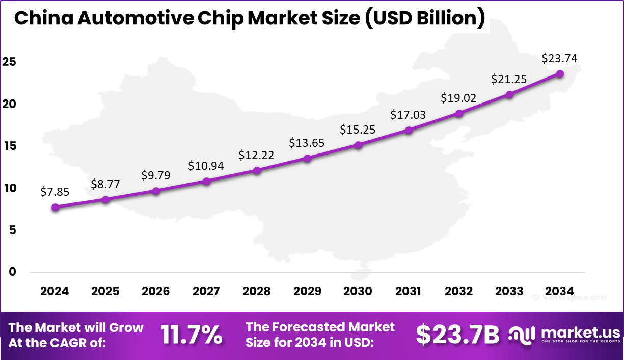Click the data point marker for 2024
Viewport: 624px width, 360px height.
[x=55, y=207]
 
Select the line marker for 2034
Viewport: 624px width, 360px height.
[x=560, y=73]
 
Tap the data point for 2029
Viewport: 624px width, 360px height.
[x=307, y=158]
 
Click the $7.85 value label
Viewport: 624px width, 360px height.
[x=55, y=192]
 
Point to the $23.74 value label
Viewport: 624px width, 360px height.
[x=560, y=59]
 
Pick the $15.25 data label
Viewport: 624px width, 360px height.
[x=358, y=130]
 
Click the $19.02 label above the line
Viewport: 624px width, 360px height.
[x=458, y=98]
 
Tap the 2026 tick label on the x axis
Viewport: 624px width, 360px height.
[x=156, y=291]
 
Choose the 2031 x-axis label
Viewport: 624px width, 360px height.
[x=408, y=291]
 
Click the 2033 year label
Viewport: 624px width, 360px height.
[x=509, y=291]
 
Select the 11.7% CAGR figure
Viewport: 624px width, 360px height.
[x=192, y=335]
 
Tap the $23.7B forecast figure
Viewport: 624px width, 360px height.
[x=457, y=335]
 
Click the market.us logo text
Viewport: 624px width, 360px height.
[x=581, y=332]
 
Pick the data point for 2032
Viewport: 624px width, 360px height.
[x=459, y=113]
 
